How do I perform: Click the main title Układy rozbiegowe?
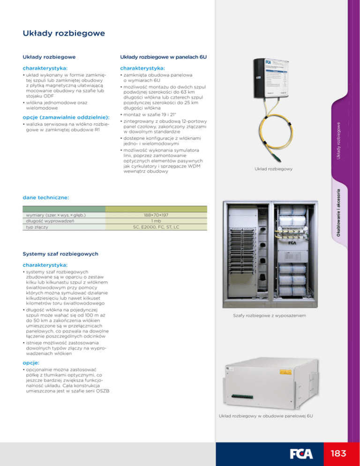[64, 34]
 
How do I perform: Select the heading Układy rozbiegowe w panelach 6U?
[164, 57]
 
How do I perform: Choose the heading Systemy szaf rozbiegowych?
[60, 254]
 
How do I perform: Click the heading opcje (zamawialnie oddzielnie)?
[66, 116]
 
